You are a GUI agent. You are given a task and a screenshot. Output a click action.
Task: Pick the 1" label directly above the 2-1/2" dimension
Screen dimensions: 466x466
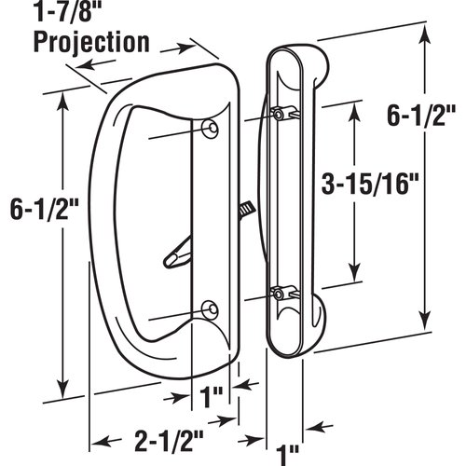[212, 395]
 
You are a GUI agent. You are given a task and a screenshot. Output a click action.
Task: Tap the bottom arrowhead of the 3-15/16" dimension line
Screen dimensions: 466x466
[355, 277]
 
